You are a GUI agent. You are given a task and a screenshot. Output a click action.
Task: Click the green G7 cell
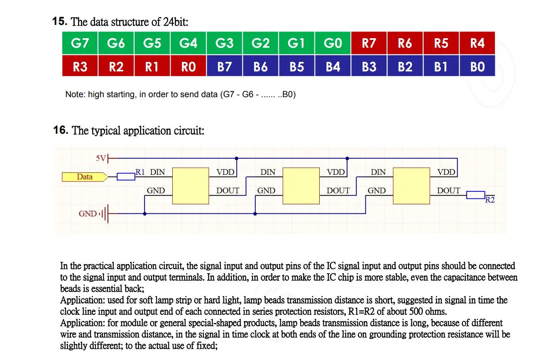(x=80, y=43)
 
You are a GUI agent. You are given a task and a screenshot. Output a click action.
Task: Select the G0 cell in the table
(x=333, y=43)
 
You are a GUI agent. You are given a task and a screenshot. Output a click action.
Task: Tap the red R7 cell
(x=369, y=43)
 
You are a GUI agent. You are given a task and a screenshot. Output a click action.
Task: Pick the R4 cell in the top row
(x=477, y=43)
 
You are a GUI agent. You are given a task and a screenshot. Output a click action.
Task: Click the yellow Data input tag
(x=85, y=177)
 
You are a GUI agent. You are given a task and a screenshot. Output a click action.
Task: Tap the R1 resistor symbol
(x=126, y=177)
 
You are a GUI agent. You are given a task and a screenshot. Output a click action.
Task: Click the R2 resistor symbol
(x=475, y=195)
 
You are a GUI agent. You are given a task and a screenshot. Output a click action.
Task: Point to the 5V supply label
(x=101, y=158)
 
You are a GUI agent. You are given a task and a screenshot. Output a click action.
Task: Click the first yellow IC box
(x=191, y=186)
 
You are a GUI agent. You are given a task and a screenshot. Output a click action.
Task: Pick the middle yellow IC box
(x=301, y=186)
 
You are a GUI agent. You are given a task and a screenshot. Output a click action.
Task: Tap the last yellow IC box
(x=411, y=186)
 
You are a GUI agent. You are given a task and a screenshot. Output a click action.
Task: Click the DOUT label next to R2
(x=448, y=191)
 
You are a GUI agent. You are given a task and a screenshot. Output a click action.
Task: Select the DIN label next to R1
(x=157, y=172)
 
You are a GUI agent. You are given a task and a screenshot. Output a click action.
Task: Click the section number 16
(x=61, y=130)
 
